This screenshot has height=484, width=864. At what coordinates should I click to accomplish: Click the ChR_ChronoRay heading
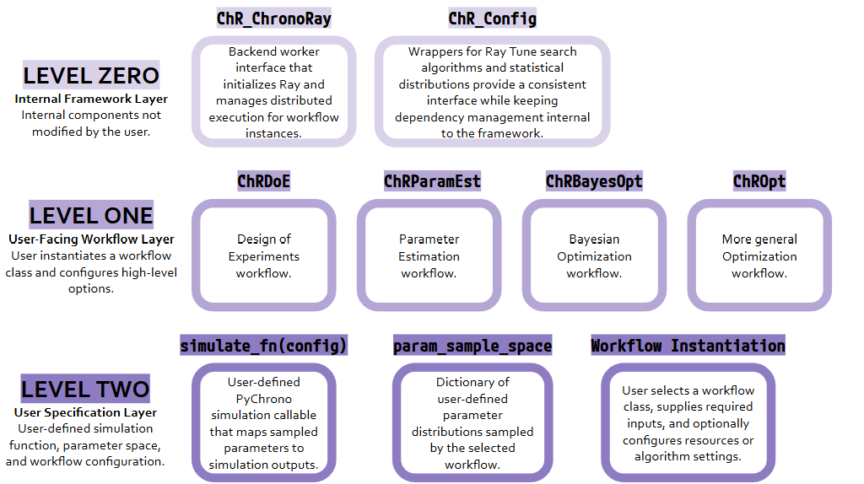tap(274, 19)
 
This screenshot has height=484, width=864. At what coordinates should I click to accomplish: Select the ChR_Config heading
tap(492, 19)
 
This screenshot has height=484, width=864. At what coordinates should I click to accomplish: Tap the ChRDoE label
tap(263, 181)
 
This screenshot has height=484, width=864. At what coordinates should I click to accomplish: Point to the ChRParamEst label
tap(432, 181)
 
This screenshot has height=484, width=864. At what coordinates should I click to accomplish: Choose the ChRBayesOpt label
tap(594, 181)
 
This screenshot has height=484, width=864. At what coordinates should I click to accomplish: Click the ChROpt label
tap(759, 181)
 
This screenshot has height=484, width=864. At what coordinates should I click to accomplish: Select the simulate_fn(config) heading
tap(263, 345)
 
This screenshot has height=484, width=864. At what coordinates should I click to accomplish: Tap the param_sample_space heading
tap(472, 345)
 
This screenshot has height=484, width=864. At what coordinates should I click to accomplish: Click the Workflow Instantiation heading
tap(688, 345)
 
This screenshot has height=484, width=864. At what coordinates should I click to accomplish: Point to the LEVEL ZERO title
tap(91, 75)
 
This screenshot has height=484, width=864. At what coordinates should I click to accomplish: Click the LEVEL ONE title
tap(91, 215)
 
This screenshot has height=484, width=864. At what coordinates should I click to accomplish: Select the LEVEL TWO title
tap(85, 389)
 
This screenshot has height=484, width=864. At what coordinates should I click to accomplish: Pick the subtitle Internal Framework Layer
tap(91, 99)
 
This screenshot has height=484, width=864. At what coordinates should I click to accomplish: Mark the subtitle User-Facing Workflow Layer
tap(91, 239)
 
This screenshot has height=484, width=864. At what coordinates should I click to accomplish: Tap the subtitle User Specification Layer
tap(85, 412)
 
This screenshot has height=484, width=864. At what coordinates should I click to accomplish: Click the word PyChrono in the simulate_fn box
tap(263, 399)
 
